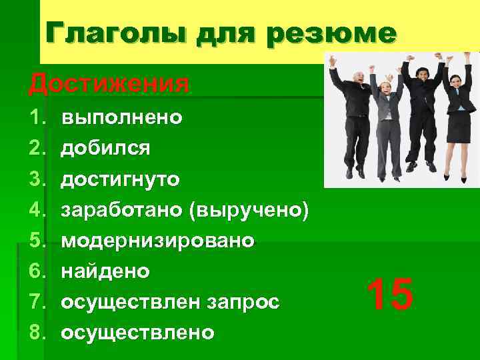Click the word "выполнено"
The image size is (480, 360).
coord(121,118)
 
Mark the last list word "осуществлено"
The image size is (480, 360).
coord(137,332)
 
